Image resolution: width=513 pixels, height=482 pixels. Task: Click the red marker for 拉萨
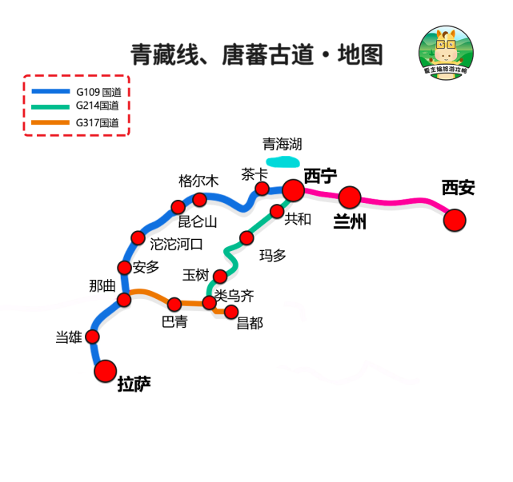105,371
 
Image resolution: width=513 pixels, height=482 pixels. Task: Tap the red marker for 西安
455,220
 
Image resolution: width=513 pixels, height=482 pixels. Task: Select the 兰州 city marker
350,197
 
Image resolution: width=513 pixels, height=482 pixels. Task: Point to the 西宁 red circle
293,189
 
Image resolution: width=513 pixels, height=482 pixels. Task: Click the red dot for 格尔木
200,199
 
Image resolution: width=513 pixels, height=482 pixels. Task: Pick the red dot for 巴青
174,304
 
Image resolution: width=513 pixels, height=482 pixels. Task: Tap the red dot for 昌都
232,312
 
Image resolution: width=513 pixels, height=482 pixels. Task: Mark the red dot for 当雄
93,337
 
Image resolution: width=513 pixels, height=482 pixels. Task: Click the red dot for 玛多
246,237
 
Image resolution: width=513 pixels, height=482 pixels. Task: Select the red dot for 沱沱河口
138,238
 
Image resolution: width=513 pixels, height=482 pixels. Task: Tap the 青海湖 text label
283,144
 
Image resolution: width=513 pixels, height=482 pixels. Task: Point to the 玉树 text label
195,275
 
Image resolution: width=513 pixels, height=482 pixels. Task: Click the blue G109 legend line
50,91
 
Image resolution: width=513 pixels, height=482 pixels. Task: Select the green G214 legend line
50,106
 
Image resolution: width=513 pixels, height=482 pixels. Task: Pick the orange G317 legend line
50,122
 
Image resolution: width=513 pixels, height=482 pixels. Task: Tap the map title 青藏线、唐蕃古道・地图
257,54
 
